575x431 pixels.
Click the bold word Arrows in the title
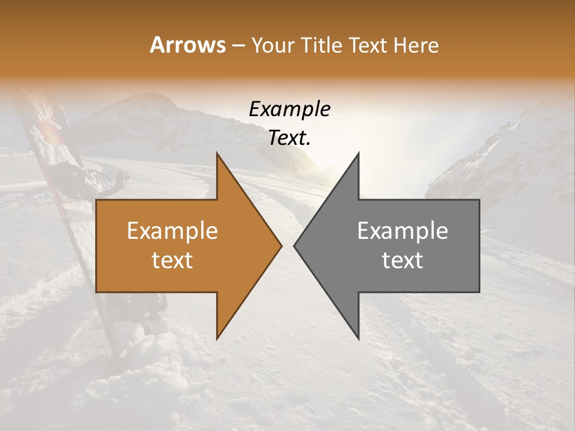point(188,45)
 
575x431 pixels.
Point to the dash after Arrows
point(238,45)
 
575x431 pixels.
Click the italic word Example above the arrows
point(289,109)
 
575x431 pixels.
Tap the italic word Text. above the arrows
point(289,138)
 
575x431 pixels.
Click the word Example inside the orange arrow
point(172,231)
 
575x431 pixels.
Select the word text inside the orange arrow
point(172,260)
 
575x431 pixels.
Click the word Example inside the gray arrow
point(402,231)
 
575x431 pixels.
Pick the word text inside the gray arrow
point(402,260)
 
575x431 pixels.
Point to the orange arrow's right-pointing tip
point(281,245)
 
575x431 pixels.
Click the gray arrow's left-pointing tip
point(295,245)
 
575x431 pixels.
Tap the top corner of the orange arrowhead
point(217,154)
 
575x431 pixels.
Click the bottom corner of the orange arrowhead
point(217,338)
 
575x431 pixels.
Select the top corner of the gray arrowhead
point(358,154)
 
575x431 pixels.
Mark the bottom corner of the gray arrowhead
point(358,338)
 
